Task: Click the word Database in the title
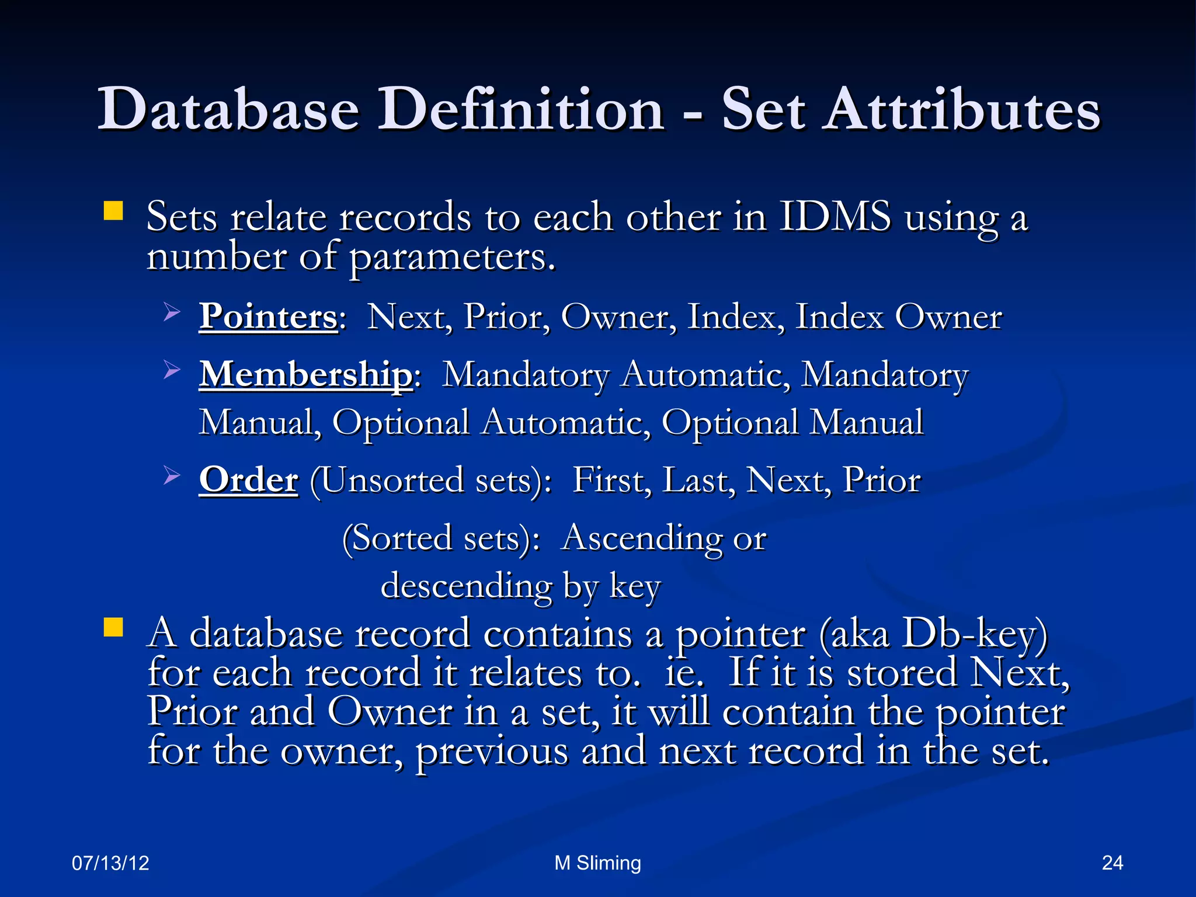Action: tap(228, 110)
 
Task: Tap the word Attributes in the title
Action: tap(961, 110)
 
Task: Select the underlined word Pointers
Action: tap(268, 317)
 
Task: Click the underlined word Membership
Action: tap(306, 374)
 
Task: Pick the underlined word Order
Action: tap(248, 480)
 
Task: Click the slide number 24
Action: tap(1112, 863)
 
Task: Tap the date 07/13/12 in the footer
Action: tap(110, 863)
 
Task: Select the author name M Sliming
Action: tap(597, 863)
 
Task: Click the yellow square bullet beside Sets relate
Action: tap(113, 211)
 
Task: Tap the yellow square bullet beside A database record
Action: tap(113, 627)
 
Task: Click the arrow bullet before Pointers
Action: tap(171, 312)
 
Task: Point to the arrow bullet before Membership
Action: tap(171, 370)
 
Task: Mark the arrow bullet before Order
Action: tap(171, 475)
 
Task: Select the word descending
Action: tap(466, 586)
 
